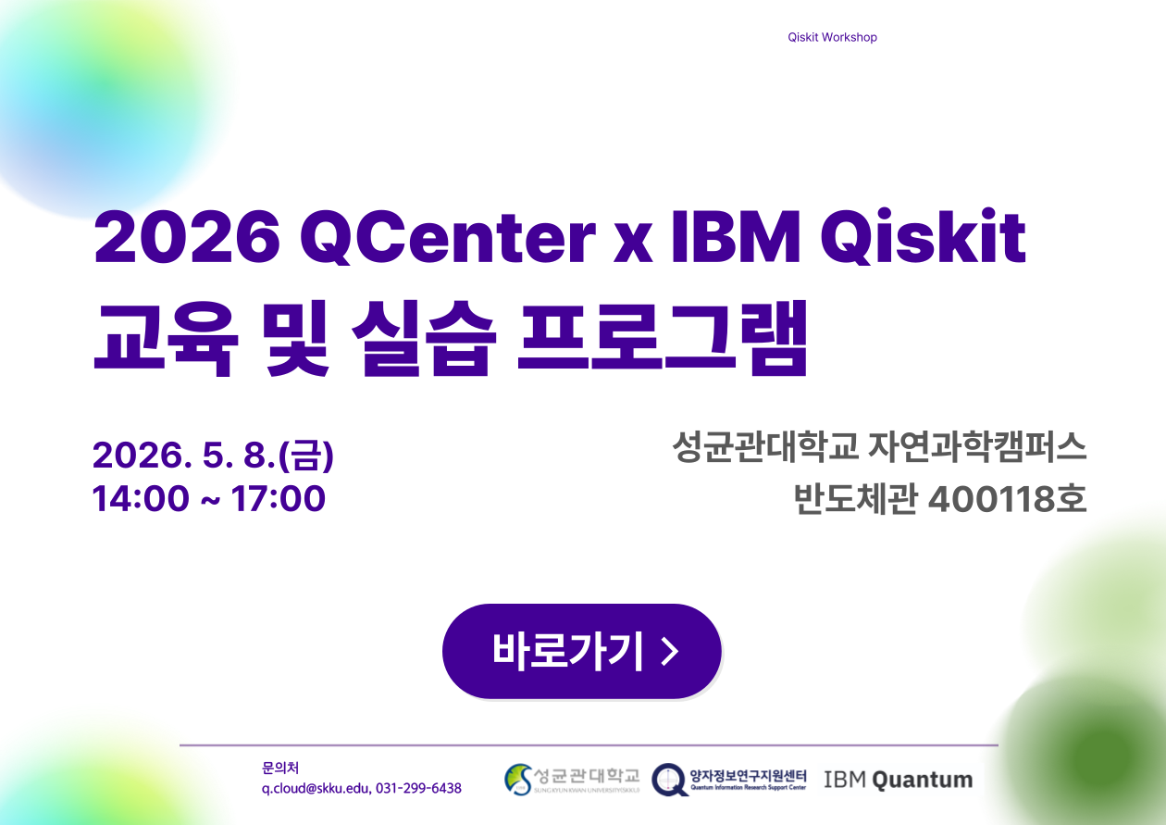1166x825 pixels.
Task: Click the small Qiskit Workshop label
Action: [832, 37]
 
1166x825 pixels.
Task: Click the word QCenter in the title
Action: [447, 238]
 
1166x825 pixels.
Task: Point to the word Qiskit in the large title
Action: [924, 238]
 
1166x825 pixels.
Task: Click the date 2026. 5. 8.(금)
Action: [213, 455]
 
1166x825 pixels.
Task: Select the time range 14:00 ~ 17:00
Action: [209, 498]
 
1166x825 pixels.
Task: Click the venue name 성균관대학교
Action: [767, 449]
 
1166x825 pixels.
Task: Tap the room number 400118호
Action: [1006, 499]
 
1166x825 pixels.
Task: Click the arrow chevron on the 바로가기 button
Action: [671, 652]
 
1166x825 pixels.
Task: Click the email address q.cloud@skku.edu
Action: [315, 788]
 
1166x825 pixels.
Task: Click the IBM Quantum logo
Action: [898, 780]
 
